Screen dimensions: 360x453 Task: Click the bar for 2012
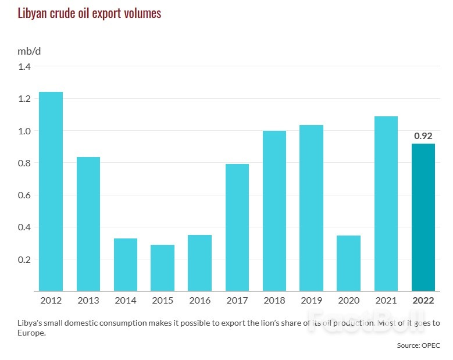pos(51,191)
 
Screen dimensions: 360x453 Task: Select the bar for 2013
pos(88,224)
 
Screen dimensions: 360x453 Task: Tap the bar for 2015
pos(162,268)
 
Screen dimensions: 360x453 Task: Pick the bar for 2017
pos(237,227)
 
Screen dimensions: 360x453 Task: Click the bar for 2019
pos(311,208)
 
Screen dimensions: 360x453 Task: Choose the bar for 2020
pos(348,263)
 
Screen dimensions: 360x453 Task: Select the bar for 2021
pos(386,204)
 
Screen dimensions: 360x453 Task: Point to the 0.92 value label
pos(423,136)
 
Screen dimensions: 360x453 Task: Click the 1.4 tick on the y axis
pos(24,66)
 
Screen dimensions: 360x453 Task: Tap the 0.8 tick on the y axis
pos(24,163)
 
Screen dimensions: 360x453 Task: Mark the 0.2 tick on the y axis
pos(24,259)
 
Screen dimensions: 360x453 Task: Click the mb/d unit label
pos(29,51)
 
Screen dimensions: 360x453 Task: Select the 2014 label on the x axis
pos(125,301)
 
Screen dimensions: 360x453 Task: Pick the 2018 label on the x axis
pos(274,301)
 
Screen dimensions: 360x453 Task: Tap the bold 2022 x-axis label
pos(423,301)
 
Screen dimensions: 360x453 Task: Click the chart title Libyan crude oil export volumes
pos(89,13)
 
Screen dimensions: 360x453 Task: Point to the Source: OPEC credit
pos(419,345)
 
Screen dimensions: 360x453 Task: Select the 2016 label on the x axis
pos(199,301)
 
